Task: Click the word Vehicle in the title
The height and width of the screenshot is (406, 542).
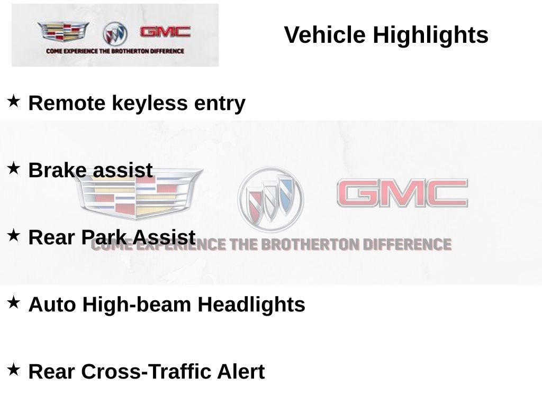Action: [324, 34]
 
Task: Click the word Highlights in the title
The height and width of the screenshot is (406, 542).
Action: [430, 35]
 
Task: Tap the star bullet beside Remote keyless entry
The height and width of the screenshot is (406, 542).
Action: [13, 101]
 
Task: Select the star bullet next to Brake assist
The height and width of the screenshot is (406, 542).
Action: [13, 168]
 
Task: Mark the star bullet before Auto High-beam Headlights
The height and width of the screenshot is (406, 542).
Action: [13, 302]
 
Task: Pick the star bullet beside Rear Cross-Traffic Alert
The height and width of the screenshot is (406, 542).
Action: [13, 370]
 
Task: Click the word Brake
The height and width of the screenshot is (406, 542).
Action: [57, 170]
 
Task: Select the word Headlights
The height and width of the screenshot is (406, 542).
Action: [251, 304]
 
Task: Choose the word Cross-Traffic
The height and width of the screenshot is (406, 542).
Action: [146, 372]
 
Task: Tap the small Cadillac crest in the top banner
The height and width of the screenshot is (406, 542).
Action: [64, 31]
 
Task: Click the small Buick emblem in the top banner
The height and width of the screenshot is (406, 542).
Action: [115, 34]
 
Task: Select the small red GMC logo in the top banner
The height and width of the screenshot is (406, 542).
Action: [165, 32]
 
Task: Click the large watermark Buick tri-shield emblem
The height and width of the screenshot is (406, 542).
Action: [270, 199]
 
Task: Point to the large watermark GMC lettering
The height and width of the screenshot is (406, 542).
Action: [402, 193]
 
